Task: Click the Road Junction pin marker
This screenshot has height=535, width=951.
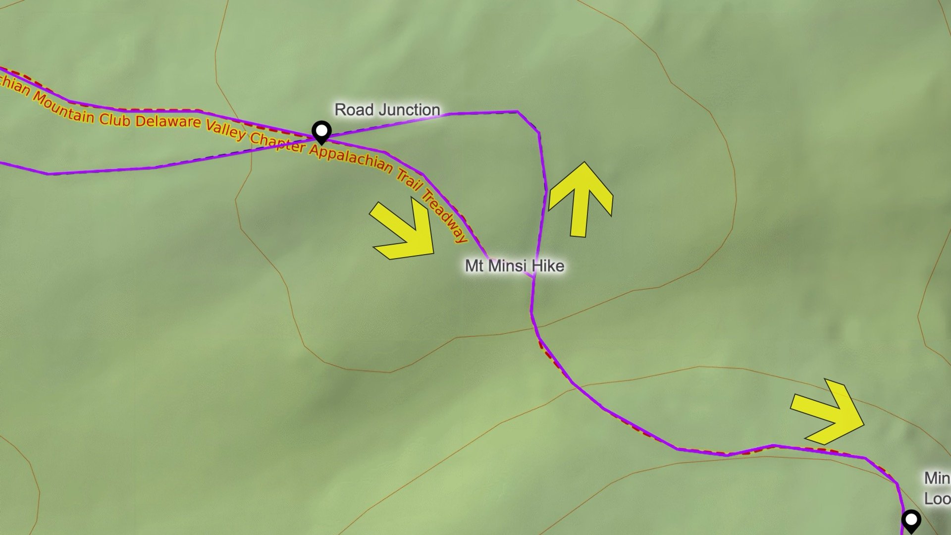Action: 322,133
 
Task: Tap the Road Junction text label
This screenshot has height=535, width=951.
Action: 387,110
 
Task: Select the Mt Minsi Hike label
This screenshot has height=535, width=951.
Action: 514,266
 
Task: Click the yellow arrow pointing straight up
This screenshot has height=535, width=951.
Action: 581,198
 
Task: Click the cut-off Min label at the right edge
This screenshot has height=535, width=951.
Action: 937,478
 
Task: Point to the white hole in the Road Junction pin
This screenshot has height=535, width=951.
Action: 322,130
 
